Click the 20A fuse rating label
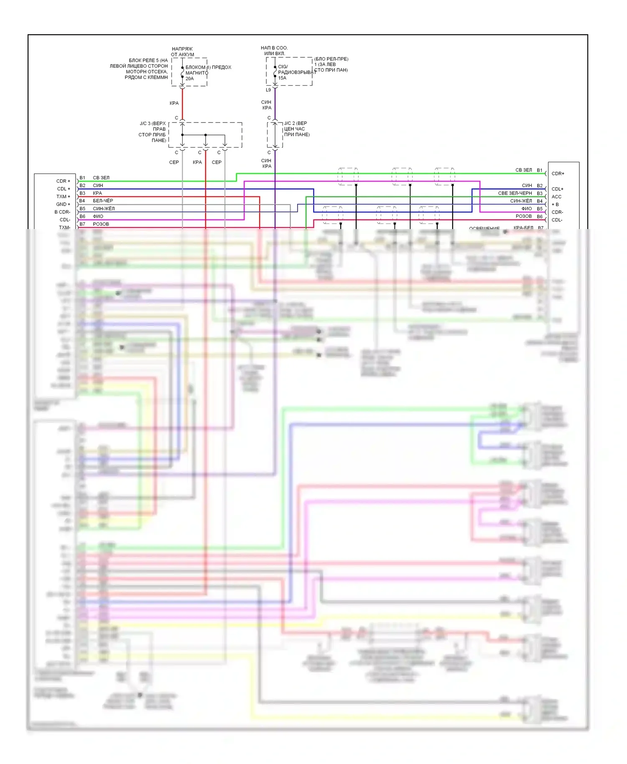coord(189,79)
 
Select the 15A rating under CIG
coord(282,78)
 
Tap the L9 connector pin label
coord(268,90)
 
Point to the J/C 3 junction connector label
coord(153,132)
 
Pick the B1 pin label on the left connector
coord(82,178)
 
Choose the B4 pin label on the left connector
coord(82,201)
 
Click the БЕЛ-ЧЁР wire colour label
coord(103,201)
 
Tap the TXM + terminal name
coord(64,196)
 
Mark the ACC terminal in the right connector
coord(556,197)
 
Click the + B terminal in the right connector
coord(555,204)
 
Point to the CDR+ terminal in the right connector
coord(558,173)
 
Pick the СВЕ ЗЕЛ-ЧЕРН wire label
coord(515,193)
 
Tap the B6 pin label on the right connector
coord(540,216)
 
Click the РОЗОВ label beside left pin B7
coord(101,224)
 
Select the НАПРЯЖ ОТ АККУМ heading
coord(182,52)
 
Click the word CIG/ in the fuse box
coord(283,66)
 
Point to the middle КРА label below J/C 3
coord(197,162)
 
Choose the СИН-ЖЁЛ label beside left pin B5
coord(104,209)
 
